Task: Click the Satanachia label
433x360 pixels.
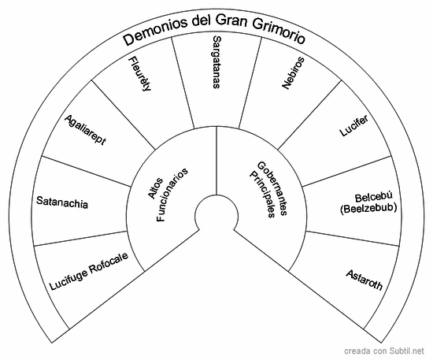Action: [62, 204]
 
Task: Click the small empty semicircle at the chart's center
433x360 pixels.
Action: [216, 213]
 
